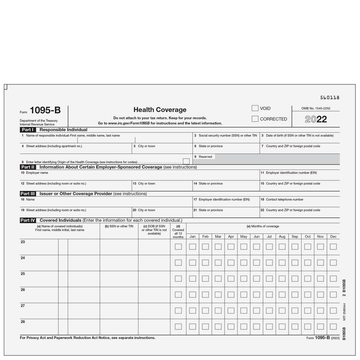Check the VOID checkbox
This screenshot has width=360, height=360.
pyautogui.click(x=255, y=108)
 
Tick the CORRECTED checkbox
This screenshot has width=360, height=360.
pyautogui.click(x=255, y=119)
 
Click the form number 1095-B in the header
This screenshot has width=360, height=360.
pyautogui.click(x=45, y=110)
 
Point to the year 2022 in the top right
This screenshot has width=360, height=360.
pyautogui.click(x=316, y=119)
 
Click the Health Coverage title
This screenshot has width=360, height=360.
pyautogui.click(x=160, y=110)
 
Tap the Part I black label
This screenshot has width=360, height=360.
pyautogui.click(x=28, y=130)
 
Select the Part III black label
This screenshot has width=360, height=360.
pyautogui.click(x=28, y=194)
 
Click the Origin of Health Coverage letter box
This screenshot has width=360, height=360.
pyautogui.click(x=186, y=161)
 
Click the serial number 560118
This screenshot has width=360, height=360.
pyautogui.click(x=330, y=98)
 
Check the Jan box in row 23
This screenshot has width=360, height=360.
pyautogui.click(x=193, y=247)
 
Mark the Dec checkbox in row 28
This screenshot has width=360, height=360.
pyautogui.click(x=333, y=327)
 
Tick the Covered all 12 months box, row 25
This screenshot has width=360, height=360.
pyautogui.click(x=178, y=279)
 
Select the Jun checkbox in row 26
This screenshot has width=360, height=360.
pyautogui.click(x=257, y=295)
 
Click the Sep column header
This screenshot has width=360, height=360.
pyautogui.click(x=295, y=237)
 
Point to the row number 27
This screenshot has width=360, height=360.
pyautogui.click(x=23, y=306)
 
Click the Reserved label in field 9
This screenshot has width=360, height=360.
pyautogui.click(x=205, y=157)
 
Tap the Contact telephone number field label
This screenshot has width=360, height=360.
pyautogui.click(x=284, y=200)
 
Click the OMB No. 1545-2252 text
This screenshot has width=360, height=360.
pyautogui.click(x=316, y=109)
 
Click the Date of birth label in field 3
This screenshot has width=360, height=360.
pyautogui.click(x=300, y=136)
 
